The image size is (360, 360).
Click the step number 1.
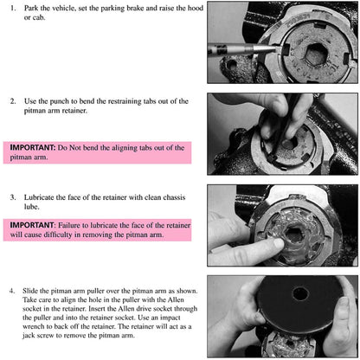tap(13, 8)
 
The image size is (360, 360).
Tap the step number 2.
tap(13, 101)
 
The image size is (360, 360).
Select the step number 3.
tap(13, 197)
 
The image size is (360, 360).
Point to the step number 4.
tap(12, 291)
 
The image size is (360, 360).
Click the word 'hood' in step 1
tap(196, 8)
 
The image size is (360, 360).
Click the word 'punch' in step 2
tap(60, 101)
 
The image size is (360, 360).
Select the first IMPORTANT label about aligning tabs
tap(32, 147)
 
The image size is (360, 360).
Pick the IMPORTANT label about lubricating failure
tap(32, 225)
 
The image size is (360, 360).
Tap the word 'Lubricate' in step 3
tap(39, 197)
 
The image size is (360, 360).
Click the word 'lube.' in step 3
tap(31, 207)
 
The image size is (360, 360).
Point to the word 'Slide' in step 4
tap(30, 291)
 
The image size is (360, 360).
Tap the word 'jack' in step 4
tap(29, 336)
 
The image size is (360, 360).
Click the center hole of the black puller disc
tap(300, 294)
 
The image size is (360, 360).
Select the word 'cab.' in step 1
tap(39, 17)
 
